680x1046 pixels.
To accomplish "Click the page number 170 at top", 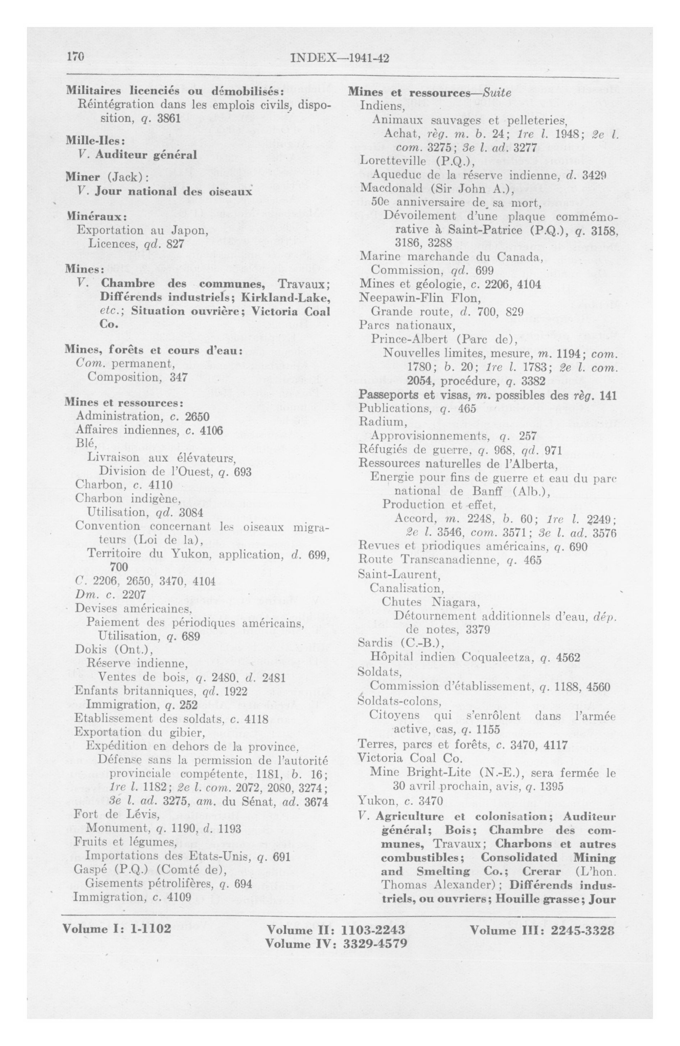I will [x=75, y=58].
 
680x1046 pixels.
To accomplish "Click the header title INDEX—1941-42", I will [x=340, y=59].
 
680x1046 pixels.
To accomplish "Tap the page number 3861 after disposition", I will [x=168, y=119].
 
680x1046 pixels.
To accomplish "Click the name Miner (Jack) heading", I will [x=107, y=178].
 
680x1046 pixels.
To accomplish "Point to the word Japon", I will [x=190, y=231].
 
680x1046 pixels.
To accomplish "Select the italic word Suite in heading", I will [x=498, y=93].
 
